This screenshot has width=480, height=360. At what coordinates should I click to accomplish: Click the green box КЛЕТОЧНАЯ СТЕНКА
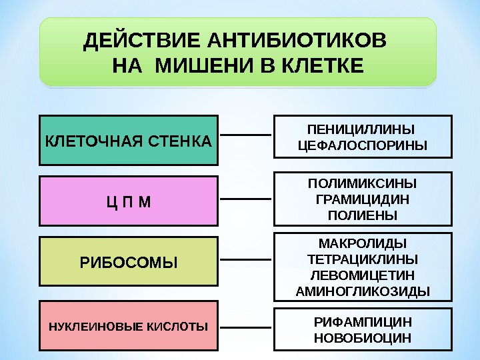pos(129,141)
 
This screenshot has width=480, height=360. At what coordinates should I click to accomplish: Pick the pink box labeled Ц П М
pos(129,201)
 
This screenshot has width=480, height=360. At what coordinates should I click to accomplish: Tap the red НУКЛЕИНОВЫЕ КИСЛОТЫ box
pos(129,326)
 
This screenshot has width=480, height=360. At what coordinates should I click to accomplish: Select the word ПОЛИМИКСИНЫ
pos(362,183)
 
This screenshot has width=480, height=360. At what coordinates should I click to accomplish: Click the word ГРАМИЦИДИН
pos(362,199)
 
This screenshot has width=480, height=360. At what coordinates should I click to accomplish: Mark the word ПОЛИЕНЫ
pos(362,215)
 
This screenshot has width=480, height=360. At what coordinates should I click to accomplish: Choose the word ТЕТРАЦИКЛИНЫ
pos(362,259)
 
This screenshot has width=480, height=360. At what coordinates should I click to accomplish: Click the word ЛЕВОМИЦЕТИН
pos(362,275)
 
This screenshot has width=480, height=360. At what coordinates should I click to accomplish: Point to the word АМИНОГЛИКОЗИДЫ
pos(362,291)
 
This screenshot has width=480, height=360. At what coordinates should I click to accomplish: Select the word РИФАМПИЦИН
pos(362,321)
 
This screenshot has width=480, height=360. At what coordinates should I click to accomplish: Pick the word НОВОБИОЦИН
pos(362,337)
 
